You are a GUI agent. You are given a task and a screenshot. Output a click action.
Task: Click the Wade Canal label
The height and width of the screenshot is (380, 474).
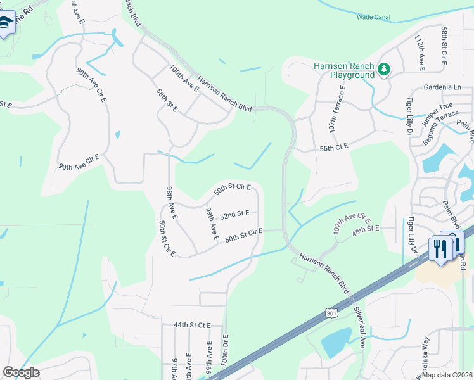pos(373,18)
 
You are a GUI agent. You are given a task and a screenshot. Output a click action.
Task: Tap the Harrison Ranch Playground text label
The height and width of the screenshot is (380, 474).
pos(344,70)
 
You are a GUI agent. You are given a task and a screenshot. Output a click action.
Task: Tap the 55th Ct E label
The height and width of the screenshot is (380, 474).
pos(335,147)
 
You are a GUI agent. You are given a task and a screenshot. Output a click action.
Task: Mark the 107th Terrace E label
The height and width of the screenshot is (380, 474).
pos(336,108)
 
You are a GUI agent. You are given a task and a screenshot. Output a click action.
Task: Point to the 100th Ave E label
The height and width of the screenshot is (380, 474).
pos(184,80)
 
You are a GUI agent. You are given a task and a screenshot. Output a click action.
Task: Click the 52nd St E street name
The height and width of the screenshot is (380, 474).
pos(234,215)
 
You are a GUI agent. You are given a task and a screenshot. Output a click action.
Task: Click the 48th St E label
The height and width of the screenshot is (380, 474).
pos(366,228)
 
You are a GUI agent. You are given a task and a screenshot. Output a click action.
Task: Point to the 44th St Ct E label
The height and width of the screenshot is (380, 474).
pos(192,325)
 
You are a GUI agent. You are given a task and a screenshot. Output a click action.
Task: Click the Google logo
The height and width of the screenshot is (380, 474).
pos(21,372)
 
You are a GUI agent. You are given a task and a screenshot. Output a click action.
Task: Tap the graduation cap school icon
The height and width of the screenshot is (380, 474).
pos(5,23)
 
